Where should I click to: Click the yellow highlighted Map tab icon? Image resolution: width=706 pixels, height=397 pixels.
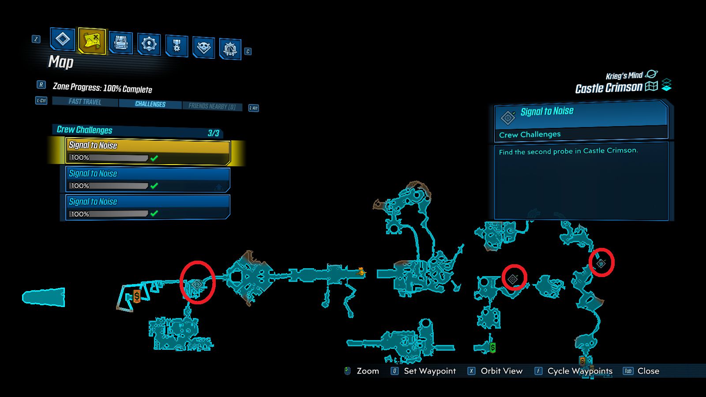pyautogui.click(x=92, y=41)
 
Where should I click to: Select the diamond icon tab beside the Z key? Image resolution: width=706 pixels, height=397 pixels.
pyautogui.click(x=63, y=39)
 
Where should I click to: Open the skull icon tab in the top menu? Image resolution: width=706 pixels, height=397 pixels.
pyautogui.click(x=203, y=47)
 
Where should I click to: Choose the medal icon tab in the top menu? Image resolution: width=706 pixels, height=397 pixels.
pyautogui.click(x=176, y=45)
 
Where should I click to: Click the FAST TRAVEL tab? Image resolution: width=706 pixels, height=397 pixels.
pyautogui.click(x=85, y=102)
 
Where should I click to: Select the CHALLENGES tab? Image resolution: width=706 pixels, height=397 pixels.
pyautogui.click(x=150, y=104)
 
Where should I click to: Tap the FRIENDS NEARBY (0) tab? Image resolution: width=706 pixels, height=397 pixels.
pyautogui.click(x=212, y=106)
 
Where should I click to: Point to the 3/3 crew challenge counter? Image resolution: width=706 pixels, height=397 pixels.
pyautogui.click(x=214, y=133)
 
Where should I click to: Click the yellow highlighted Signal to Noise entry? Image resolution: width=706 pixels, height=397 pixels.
pyautogui.click(x=148, y=151)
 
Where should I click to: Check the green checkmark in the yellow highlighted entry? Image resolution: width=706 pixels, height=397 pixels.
pyautogui.click(x=154, y=158)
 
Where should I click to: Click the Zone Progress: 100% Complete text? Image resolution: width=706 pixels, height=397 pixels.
pyautogui.click(x=102, y=88)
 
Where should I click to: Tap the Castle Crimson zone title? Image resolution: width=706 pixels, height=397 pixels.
pyautogui.click(x=608, y=88)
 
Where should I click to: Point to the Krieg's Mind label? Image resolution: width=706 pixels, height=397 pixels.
pyautogui.click(x=624, y=76)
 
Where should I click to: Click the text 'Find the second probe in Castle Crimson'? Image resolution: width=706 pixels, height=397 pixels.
pyautogui.click(x=568, y=151)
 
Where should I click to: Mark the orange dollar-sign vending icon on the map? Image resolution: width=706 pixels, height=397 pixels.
pyautogui.click(x=137, y=296)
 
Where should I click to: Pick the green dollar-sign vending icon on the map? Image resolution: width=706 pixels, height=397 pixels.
pyautogui.click(x=493, y=348)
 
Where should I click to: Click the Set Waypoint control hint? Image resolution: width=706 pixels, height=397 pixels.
pyautogui.click(x=429, y=371)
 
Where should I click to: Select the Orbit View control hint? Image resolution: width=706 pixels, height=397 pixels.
pyautogui.click(x=501, y=371)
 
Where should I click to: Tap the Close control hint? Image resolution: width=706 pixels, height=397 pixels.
pyautogui.click(x=648, y=371)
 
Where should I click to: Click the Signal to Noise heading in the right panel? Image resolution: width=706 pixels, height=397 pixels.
pyautogui.click(x=547, y=112)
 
